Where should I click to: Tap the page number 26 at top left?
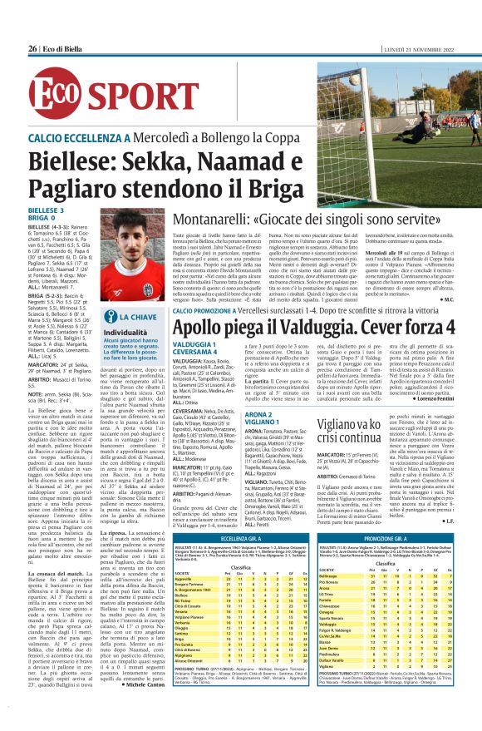[x=32, y=49]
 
